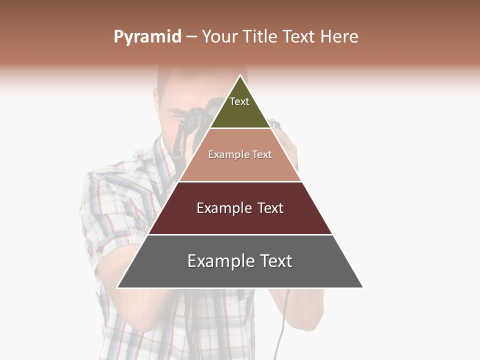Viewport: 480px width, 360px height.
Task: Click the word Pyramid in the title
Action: (147, 37)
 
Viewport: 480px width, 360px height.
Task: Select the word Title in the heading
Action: (260, 36)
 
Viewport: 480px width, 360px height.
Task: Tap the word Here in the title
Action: (339, 36)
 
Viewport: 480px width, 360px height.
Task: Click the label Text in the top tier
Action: (239, 101)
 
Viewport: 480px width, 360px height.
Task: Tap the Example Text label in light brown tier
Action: (240, 154)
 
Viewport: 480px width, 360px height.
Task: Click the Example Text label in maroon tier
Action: (240, 208)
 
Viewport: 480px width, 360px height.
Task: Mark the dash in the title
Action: (191, 37)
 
